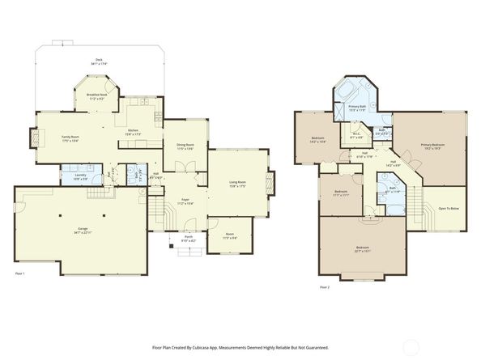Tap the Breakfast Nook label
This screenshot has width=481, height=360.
click(97, 96)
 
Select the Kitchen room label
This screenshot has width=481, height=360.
click(134, 129)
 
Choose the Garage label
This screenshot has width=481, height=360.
click(82, 231)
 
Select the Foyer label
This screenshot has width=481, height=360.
click(185, 200)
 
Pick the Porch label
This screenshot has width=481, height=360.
click(186, 238)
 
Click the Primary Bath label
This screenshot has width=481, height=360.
click(357, 108)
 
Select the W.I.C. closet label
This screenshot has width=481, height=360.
click(355, 136)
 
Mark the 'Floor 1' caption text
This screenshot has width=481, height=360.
click(19, 275)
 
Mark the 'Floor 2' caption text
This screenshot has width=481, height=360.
click(324, 286)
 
